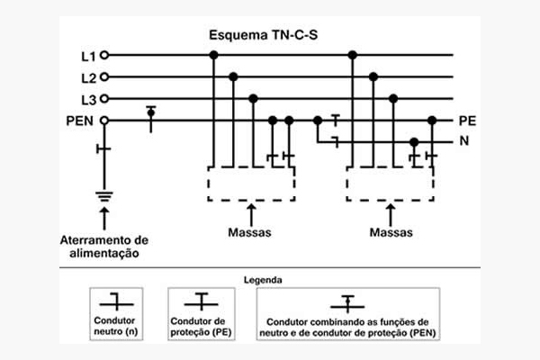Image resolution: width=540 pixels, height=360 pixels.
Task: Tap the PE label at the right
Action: click(x=466, y=120)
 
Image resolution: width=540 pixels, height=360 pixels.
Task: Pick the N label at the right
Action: click(x=463, y=141)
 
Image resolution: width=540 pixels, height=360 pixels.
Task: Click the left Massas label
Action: click(x=251, y=232)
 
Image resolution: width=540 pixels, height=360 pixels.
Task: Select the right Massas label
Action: click(x=391, y=232)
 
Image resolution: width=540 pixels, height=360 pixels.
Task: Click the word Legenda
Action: click(x=270, y=280)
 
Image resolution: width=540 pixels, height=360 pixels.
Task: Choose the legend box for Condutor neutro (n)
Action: click(x=121, y=312)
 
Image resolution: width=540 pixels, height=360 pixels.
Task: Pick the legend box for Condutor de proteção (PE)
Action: click(x=204, y=312)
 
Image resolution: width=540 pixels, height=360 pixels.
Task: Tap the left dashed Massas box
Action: click(x=251, y=184)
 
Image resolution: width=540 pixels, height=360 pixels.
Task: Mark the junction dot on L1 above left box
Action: click(x=213, y=56)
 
